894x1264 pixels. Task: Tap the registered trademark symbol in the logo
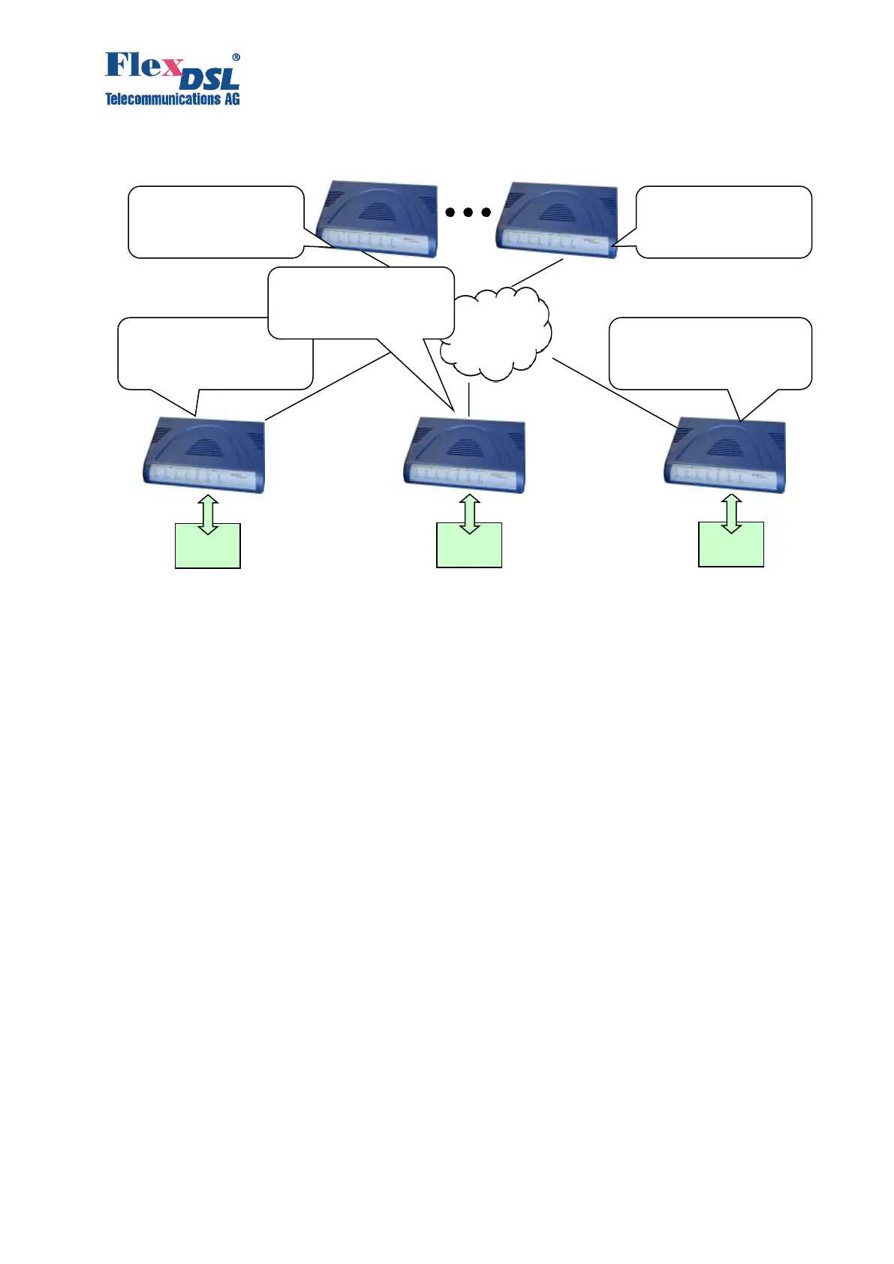coord(236,57)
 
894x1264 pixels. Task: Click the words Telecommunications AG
coord(172,99)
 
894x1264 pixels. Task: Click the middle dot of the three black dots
coord(468,212)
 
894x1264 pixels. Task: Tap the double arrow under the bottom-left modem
coord(209,513)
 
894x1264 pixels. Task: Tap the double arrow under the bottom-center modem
coord(470,513)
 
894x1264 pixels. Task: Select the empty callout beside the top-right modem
coord(724,221)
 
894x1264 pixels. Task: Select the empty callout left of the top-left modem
coord(215,221)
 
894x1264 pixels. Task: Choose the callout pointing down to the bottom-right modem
coord(710,353)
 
